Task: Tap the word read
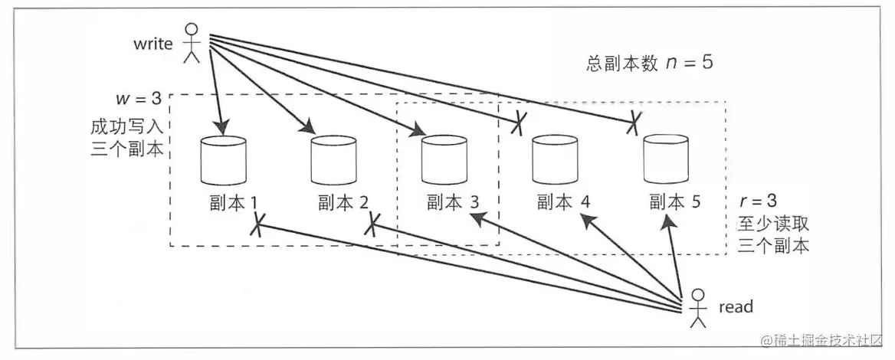(736, 307)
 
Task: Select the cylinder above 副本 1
(223, 161)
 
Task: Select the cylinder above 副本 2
(334, 161)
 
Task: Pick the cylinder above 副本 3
(445, 161)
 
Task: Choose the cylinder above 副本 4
(556, 161)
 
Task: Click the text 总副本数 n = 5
(648, 63)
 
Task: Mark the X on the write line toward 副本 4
(520, 122)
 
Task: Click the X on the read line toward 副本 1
(258, 224)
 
